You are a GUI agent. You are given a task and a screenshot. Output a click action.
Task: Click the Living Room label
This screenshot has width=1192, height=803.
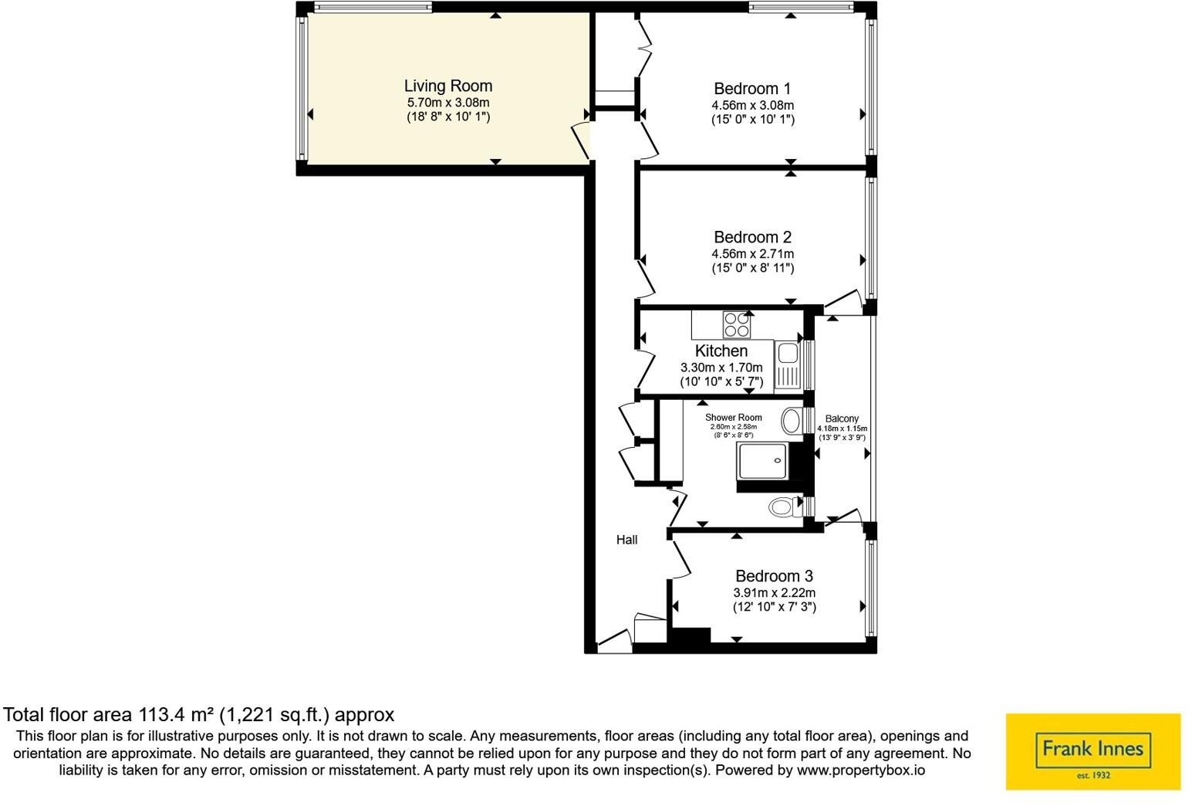tap(448, 86)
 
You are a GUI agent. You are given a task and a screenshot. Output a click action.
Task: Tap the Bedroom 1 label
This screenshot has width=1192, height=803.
tap(752, 88)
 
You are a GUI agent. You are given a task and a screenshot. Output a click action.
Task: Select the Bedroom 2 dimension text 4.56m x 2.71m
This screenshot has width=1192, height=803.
tap(752, 254)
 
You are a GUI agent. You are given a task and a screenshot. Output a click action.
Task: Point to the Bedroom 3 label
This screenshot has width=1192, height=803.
tap(775, 576)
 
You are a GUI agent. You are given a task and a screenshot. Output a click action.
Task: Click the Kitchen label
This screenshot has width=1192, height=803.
tap(721, 351)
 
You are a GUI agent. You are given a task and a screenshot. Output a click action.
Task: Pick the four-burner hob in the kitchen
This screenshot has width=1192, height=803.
tap(737, 325)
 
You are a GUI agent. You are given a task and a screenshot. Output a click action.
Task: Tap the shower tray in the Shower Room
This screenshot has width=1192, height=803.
tap(762, 461)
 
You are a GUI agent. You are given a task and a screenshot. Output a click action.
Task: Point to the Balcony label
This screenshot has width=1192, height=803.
tap(842, 419)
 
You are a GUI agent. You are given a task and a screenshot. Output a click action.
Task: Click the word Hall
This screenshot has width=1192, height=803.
tap(627, 540)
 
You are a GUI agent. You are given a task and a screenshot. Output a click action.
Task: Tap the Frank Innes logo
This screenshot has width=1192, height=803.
tap(1093, 752)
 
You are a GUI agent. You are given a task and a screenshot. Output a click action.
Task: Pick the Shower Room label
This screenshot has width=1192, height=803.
tap(733, 418)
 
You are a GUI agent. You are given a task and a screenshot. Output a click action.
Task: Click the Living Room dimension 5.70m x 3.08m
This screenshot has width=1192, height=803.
tap(448, 103)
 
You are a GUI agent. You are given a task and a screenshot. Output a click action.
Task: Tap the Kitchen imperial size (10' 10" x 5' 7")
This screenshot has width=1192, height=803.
tap(721, 381)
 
